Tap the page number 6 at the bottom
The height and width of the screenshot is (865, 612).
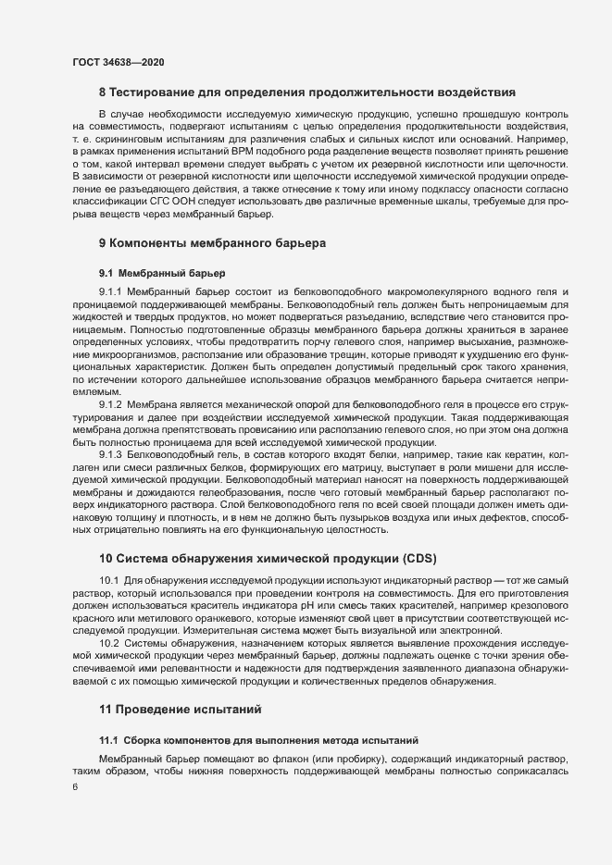pos(74,785)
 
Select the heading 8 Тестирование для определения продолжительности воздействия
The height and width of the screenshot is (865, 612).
pos(306,93)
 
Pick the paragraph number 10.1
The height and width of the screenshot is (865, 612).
pos(108,579)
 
